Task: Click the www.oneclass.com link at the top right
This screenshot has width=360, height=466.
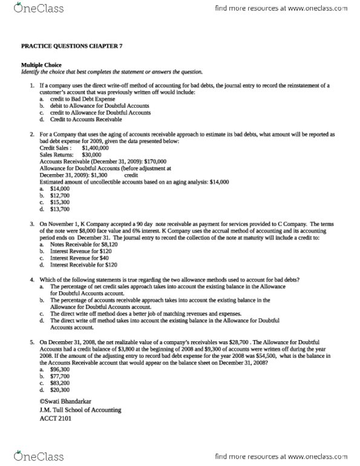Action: point(321,9)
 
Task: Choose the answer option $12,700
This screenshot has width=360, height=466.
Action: point(61,195)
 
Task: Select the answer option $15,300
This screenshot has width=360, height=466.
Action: point(61,202)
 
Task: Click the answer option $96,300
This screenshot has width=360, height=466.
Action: point(61,369)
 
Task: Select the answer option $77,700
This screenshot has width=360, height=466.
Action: point(61,376)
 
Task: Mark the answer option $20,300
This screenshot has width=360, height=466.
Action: point(61,390)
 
